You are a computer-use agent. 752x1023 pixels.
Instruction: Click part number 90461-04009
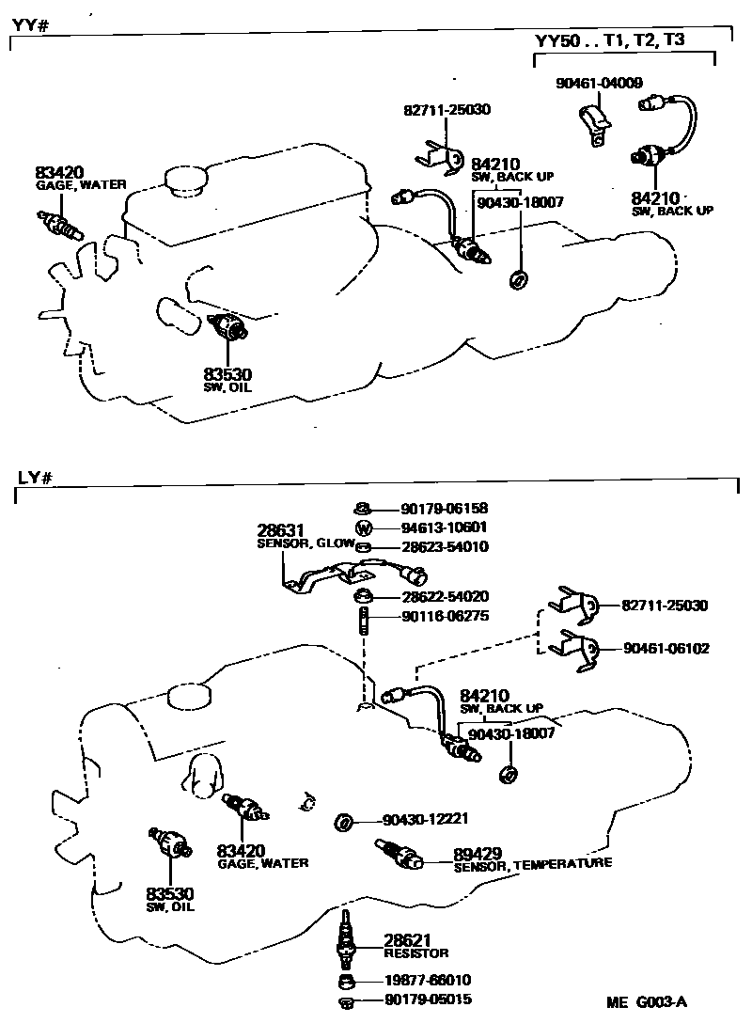[598, 84]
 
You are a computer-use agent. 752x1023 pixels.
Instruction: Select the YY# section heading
[30, 24]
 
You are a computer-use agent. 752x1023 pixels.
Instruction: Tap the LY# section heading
[34, 477]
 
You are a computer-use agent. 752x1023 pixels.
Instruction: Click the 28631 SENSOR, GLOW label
[303, 537]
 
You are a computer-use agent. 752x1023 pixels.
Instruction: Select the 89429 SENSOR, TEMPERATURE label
[531, 858]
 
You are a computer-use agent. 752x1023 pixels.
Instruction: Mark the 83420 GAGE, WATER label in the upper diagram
[80, 178]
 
